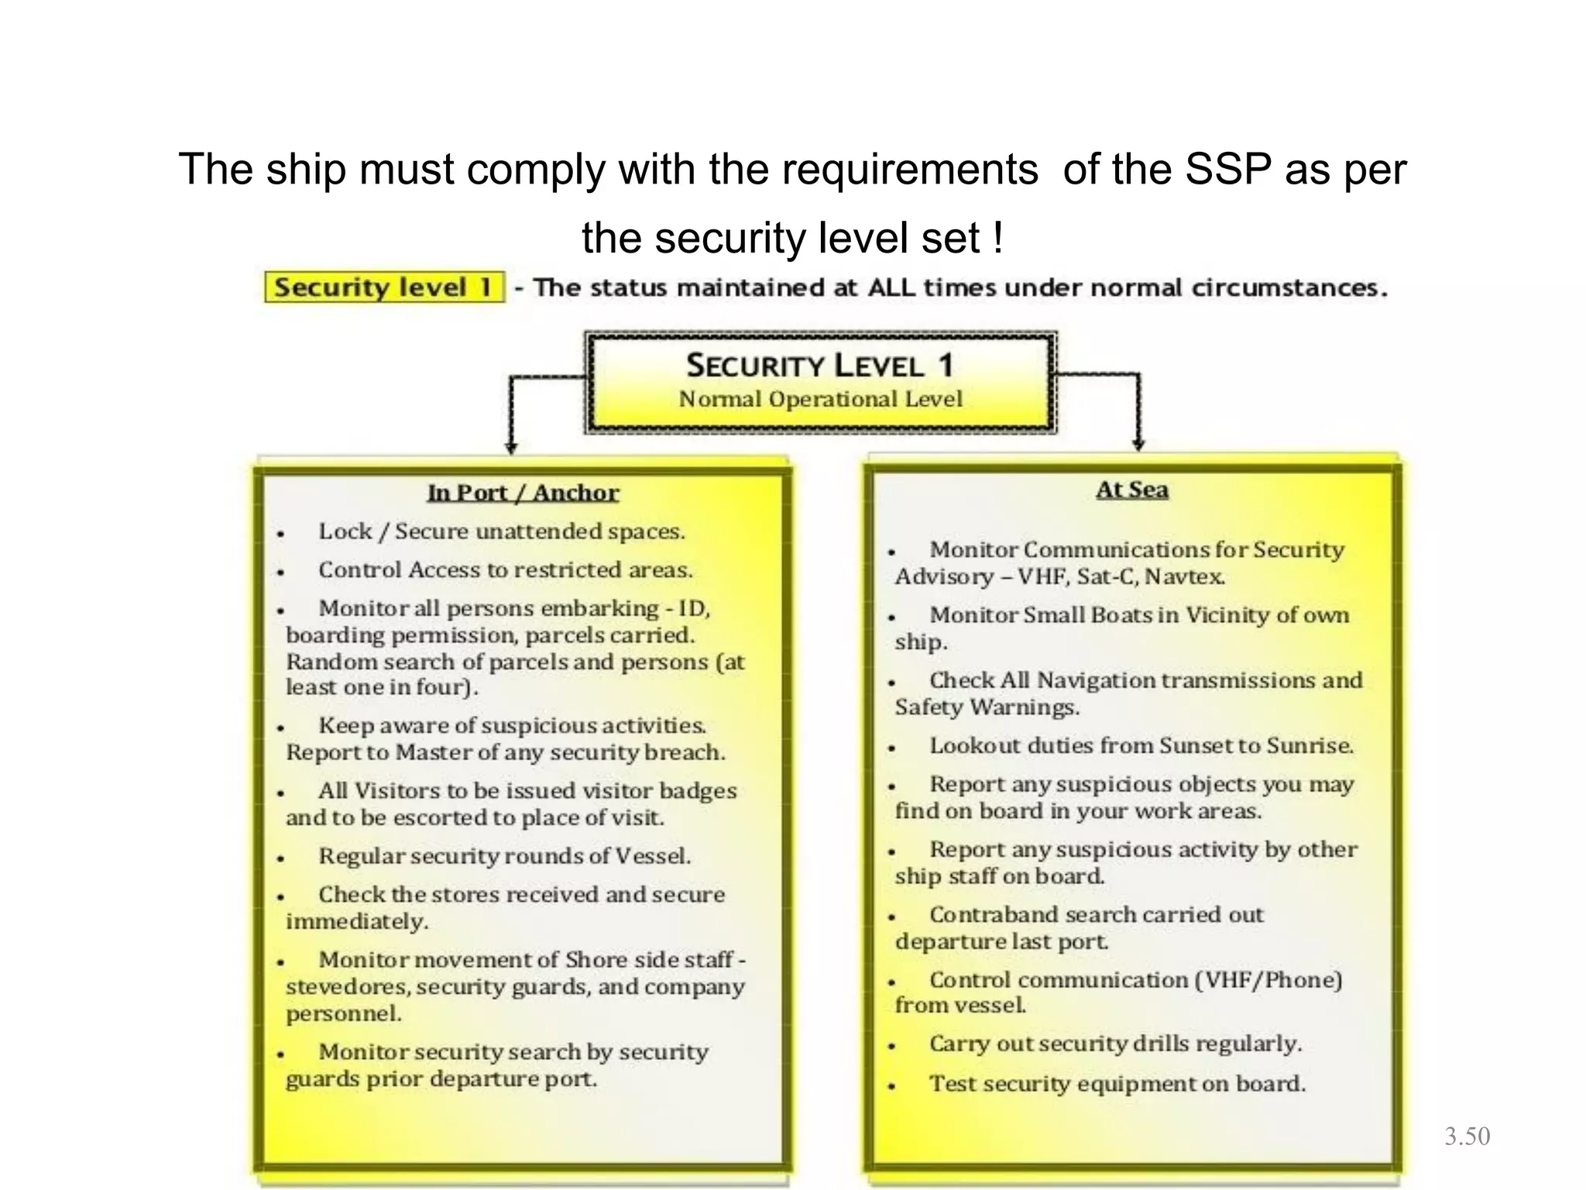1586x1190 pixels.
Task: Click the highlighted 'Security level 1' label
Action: coord(384,287)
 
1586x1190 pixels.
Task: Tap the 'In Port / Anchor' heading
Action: coord(523,493)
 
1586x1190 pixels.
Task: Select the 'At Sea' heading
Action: coord(1131,490)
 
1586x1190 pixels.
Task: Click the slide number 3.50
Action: coord(1467,1137)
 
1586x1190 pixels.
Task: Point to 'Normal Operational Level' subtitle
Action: coord(820,399)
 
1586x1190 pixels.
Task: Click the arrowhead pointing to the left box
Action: coord(510,448)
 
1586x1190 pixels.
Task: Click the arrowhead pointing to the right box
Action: coord(1138,445)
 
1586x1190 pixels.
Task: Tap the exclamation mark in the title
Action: coord(997,237)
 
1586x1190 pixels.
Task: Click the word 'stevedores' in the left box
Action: coord(331,987)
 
